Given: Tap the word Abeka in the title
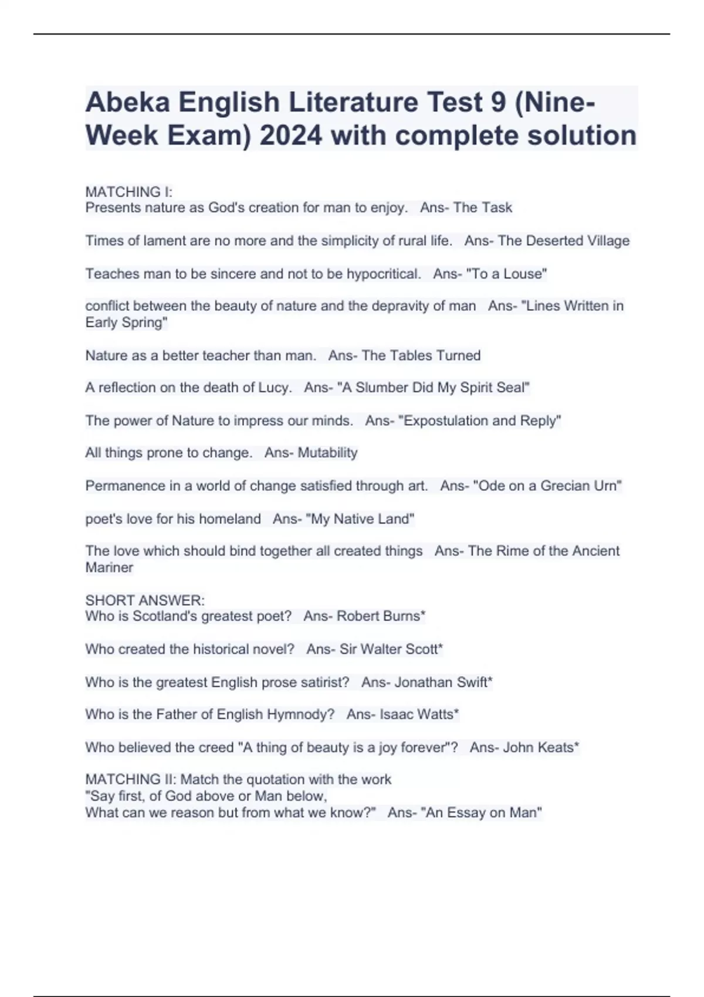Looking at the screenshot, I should coord(127,102).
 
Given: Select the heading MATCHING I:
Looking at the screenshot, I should coord(128,192).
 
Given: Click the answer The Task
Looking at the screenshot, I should coord(482,208).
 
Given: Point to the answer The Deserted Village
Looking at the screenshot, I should coord(563,240).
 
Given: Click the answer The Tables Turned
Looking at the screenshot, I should coord(421,355).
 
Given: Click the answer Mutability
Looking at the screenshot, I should coord(327,453).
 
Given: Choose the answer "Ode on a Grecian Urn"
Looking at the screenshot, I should coord(547,486).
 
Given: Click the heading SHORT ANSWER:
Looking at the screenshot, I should coord(144,600).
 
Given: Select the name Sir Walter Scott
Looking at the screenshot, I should coord(389,649).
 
